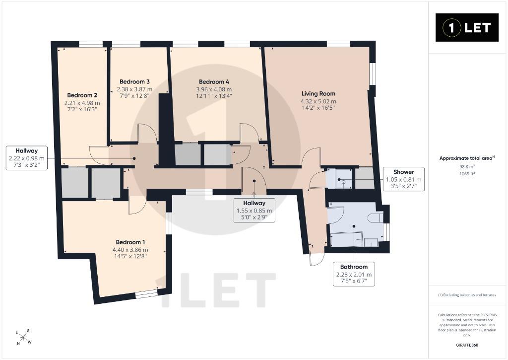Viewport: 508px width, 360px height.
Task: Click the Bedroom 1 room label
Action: coord(130,242)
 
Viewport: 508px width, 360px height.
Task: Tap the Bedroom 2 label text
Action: coord(82,95)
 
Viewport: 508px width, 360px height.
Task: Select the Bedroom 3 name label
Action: coord(134,82)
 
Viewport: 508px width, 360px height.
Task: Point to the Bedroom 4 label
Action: coord(214,82)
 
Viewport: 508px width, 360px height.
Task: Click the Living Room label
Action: coord(318,94)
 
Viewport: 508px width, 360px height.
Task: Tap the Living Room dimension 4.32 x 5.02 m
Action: coord(318,101)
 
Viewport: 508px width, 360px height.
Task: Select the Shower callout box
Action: coord(403,179)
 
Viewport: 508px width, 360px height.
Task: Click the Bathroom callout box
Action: coord(354,274)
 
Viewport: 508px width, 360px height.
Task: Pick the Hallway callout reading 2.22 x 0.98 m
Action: coord(27,158)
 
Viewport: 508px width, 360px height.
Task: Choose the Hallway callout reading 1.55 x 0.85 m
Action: coord(254,211)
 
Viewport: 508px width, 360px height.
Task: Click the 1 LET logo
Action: coord(467,28)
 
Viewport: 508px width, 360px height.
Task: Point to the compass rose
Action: coord(24,337)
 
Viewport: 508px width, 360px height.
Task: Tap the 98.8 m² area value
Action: coord(467,166)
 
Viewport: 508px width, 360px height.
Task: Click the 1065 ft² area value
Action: coord(467,173)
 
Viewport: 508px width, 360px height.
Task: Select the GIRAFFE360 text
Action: coord(467,345)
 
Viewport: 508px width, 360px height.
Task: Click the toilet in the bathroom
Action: coord(376,217)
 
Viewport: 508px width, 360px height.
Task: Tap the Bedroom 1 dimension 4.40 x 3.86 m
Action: coord(130,250)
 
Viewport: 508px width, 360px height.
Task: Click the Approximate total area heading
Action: coord(467,158)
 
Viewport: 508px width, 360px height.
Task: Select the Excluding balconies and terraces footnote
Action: coord(467,295)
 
